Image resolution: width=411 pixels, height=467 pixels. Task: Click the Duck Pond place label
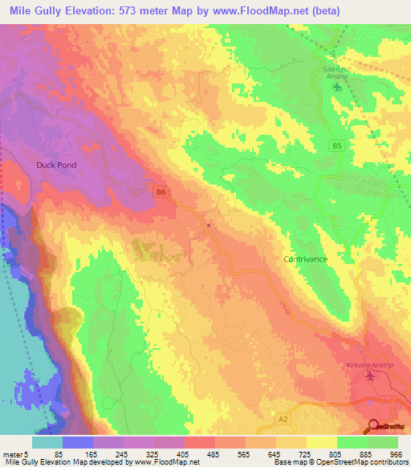[x=55, y=164]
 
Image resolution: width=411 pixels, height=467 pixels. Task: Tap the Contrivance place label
[x=306, y=259]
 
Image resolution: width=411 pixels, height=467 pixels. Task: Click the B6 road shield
[x=161, y=192]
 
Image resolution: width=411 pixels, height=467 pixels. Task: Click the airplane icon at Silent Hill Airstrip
[x=336, y=87]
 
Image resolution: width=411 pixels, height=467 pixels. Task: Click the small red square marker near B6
[x=209, y=225]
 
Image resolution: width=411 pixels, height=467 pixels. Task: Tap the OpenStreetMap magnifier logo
[x=375, y=426]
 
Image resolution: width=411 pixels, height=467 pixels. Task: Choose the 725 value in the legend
[x=307, y=454]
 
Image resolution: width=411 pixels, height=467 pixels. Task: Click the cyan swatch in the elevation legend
[x=47, y=442]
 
